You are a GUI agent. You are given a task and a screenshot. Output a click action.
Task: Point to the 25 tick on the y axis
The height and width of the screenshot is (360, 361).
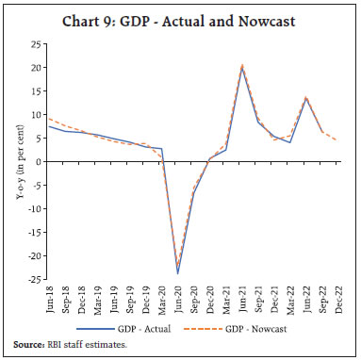pos(34,44)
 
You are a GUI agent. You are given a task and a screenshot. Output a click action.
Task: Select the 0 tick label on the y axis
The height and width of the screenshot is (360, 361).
pos(38,162)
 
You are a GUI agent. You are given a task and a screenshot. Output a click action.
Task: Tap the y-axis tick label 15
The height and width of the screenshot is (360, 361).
pos(34,91)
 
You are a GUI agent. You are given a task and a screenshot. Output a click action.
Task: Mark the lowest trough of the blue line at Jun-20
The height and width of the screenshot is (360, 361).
pos(177,273)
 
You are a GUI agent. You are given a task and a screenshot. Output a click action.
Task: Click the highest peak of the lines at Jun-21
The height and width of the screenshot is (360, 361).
pos(242,67)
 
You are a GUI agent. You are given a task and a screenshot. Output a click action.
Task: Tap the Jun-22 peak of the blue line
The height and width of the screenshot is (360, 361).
pos(305,98)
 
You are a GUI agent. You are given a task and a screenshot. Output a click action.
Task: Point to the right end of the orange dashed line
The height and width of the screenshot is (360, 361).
pos(337,140)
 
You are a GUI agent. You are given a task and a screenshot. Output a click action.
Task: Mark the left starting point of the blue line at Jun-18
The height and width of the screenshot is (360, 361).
pos(49,126)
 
